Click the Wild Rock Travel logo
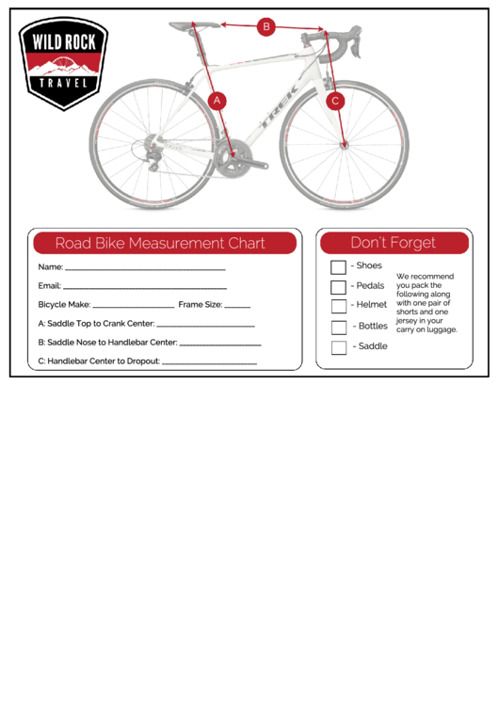tap(63, 63)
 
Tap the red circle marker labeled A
tap(217, 100)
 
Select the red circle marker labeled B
tap(266, 27)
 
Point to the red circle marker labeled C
tap(335, 100)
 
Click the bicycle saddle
tap(196, 25)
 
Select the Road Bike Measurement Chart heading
tap(160, 243)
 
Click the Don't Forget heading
tap(393, 243)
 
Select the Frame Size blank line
tap(237, 307)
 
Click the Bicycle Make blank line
tap(134, 307)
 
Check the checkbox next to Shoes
tap(338, 267)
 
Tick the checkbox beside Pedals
tap(338, 287)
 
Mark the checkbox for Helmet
tap(338, 307)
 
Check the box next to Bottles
tap(338, 328)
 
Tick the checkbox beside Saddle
tap(338, 347)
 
